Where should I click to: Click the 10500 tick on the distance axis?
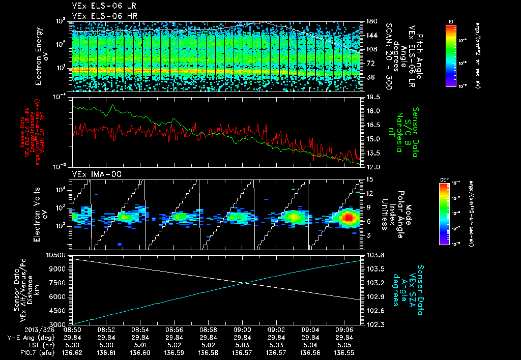tap(57, 254)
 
